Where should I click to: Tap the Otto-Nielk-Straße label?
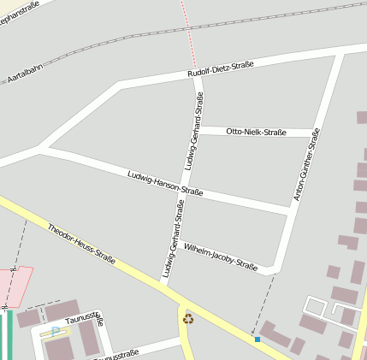(x=256, y=132)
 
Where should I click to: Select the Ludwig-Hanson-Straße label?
(x=165, y=183)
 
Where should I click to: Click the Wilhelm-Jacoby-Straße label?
(x=221, y=255)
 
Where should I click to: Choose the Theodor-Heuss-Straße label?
(x=81, y=243)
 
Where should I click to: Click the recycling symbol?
(x=188, y=320)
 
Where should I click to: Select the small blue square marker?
(x=257, y=339)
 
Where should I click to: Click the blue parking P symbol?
(x=56, y=332)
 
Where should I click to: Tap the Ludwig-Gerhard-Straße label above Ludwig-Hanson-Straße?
(x=192, y=136)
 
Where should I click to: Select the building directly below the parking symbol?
(x=59, y=350)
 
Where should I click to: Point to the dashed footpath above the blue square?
(x=264, y=303)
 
